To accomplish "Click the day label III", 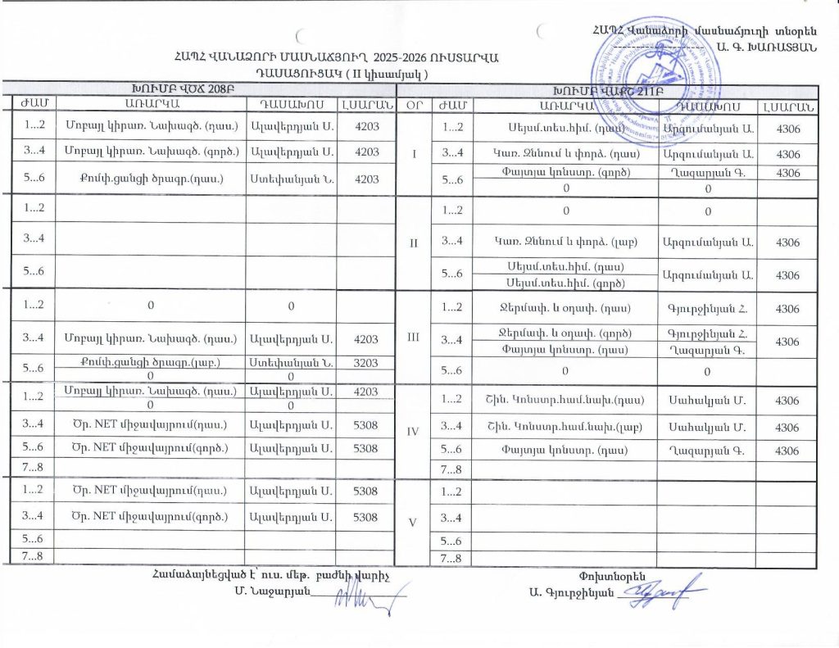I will (x=413, y=337).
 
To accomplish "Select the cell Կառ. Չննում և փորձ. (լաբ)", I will (x=560, y=242).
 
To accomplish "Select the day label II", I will (x=413, y=242).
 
